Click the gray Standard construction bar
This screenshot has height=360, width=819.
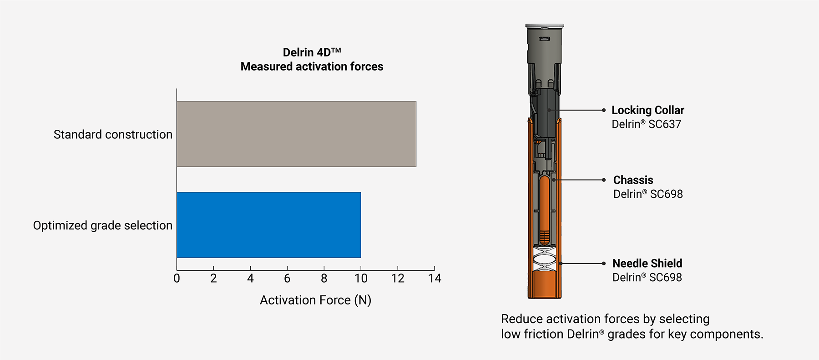296,134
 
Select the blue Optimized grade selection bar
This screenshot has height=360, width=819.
268,225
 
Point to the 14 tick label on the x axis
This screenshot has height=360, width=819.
435,279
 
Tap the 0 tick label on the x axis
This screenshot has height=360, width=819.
177,279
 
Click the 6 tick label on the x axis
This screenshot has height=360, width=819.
287,279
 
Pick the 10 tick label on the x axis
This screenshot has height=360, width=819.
361,279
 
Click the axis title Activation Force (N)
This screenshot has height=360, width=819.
315,300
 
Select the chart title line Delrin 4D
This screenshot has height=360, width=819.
312,52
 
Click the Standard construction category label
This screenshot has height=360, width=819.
113,135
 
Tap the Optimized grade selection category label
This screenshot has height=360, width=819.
102,226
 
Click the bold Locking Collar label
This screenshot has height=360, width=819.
647,110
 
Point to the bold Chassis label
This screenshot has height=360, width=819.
633,180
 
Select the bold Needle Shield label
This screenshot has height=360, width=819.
647,264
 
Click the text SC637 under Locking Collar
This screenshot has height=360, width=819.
664,124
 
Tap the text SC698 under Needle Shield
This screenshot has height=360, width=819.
665,278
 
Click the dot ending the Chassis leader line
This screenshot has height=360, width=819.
604,180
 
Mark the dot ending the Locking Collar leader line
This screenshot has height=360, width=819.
604,110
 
